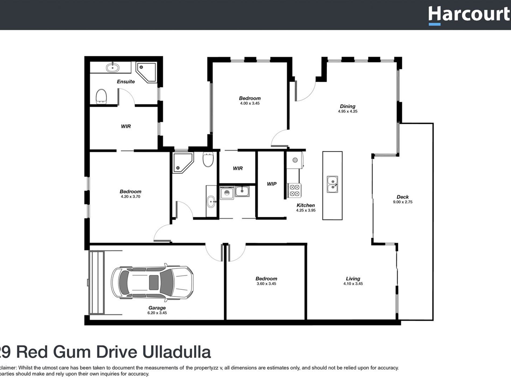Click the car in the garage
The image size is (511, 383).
coord(152,283)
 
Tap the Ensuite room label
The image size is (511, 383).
coord(126,81)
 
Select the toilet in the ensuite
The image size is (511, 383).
coord(101,96)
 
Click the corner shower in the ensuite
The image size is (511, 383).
coord(146,72)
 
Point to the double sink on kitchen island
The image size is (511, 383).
coord(332,184)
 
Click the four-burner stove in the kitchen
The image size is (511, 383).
coord(294,190)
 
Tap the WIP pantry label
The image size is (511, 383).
coord(271,184)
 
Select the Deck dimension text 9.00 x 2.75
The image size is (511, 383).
coord(402,202)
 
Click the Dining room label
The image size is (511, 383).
coord(347,106)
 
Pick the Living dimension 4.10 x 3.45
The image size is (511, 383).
coord(353,284)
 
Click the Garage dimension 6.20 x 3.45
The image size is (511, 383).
coord(157,313)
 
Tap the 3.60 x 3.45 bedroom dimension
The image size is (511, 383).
coord(266,284)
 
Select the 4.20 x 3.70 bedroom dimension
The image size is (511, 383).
coord(130,196)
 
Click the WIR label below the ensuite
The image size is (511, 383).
coord(126,126)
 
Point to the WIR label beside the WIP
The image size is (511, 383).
coord(237,169)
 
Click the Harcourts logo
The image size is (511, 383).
coord(469,15)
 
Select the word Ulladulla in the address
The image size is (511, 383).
coord(176,352)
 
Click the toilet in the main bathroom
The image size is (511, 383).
coord(208,159)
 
